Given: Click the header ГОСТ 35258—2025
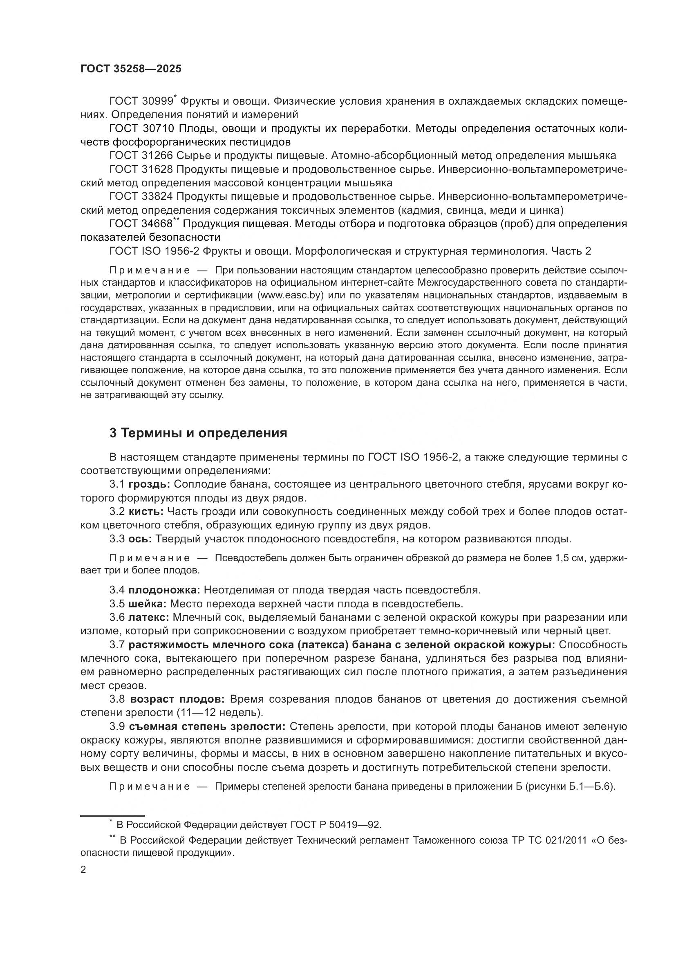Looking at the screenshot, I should pos(131,69).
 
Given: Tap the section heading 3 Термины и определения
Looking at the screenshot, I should pos(198,433).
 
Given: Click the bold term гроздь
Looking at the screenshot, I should pos(149,484).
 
